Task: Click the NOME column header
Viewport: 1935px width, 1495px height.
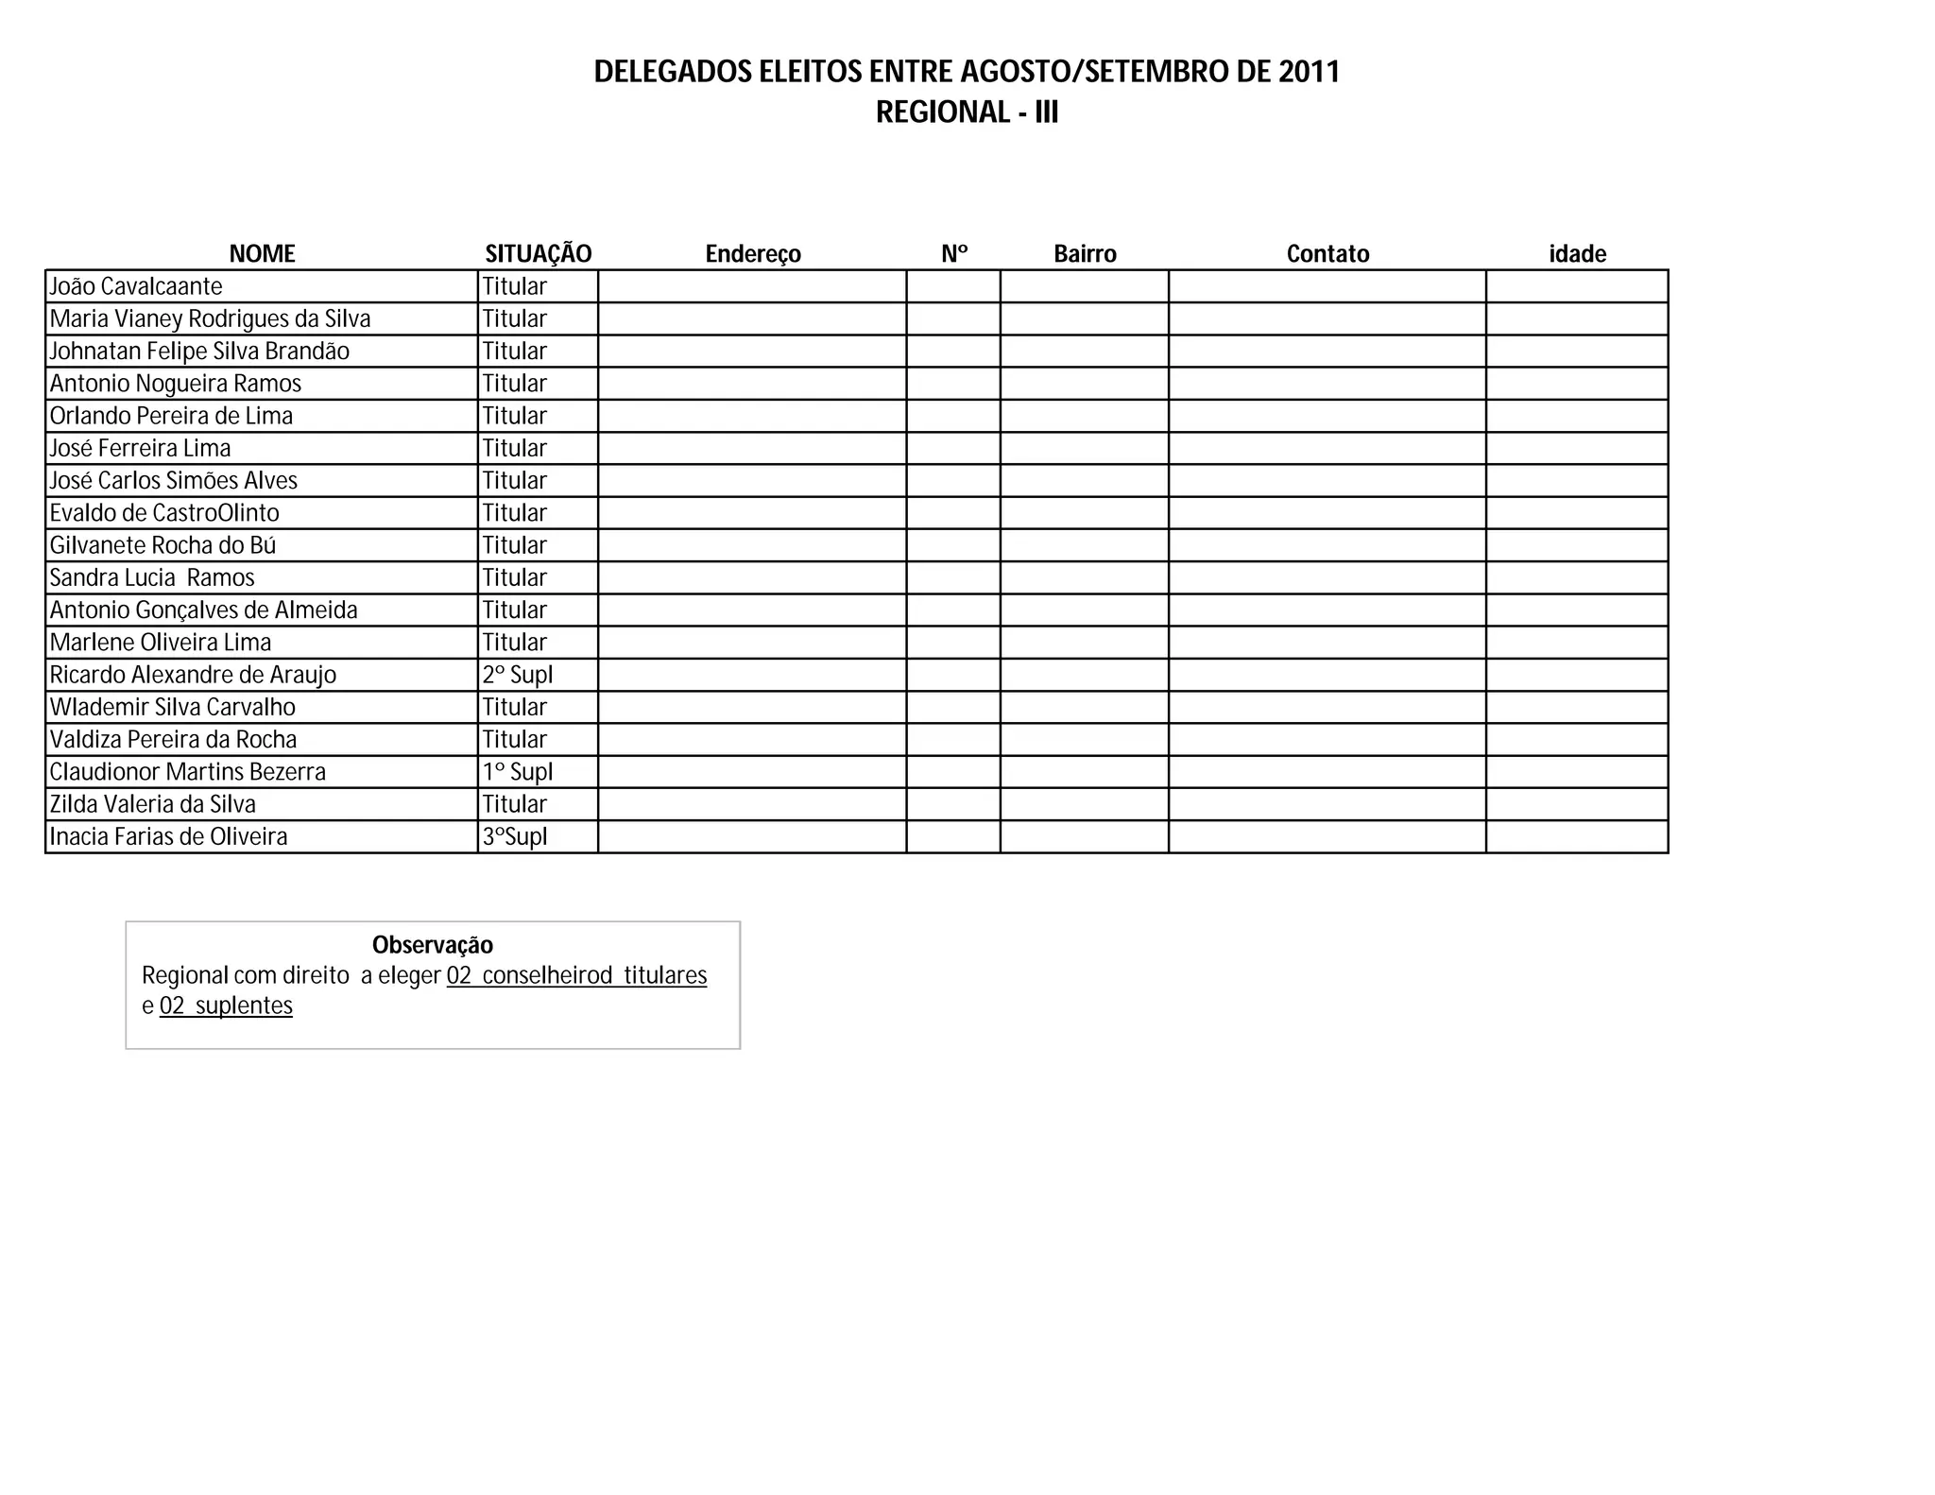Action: coord(262,253)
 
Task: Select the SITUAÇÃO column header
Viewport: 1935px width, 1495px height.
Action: coord(538,253)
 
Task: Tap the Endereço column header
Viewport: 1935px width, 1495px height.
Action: coord(753,253)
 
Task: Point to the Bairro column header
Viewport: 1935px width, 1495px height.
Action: coord(1085,253)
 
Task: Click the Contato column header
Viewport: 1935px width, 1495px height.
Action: coord(1327,253)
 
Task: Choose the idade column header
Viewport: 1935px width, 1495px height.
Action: coord(1577,253)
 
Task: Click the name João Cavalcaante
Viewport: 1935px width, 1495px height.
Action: coord(136,286)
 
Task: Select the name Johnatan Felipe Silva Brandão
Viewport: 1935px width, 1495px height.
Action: coord(199,352)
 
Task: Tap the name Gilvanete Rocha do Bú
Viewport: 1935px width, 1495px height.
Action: coord(163,545)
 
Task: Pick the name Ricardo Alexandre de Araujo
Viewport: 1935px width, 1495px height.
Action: coord(193,675)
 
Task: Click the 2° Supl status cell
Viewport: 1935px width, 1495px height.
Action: coord(518,675)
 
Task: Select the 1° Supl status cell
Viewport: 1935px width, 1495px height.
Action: coord(518,772)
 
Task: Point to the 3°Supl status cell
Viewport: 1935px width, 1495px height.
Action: coord(515,836)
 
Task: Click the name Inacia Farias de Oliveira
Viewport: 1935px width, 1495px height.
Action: coord(168,836)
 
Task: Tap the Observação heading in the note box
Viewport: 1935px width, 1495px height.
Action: coord(433,945)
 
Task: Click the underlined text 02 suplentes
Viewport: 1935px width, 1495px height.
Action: coord(226,1005)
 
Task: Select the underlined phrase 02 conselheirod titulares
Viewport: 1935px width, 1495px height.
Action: coord(576,975)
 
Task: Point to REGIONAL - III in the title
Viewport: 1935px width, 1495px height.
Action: coord(967,112)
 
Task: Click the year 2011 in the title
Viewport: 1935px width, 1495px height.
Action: coord(1309,72)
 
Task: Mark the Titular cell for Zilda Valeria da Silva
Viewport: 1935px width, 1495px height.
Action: coord(515,804)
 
